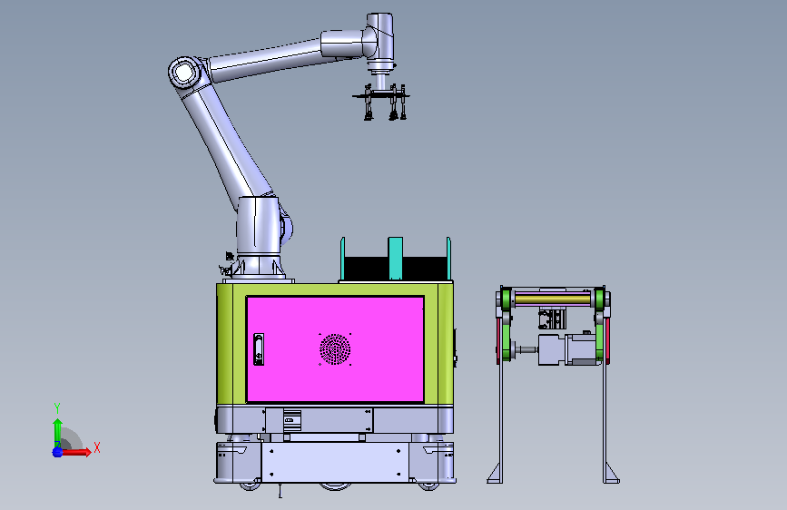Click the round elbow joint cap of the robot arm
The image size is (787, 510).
pos(184,73)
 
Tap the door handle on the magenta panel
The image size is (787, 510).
pos(259,348)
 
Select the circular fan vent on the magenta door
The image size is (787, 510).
pos(335,349)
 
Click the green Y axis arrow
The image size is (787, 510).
pos(57,433)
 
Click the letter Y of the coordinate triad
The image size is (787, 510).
pos(57,408)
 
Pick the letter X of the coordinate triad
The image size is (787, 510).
pos(97,447)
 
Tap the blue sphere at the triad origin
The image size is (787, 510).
pos(57,452)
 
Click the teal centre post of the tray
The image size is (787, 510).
pos(396,259)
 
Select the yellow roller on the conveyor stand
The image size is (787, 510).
pos(553,299)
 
